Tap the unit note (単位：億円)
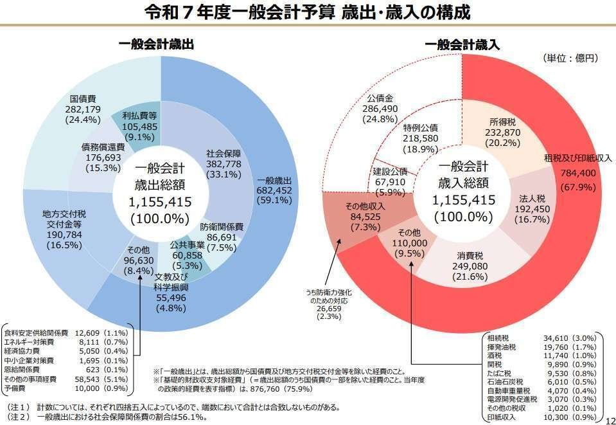570,58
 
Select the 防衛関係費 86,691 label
221,237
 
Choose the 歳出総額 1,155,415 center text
160,192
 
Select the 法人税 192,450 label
532,208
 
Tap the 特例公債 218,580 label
421,138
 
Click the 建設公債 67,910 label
390,182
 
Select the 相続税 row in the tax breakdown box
542,338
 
